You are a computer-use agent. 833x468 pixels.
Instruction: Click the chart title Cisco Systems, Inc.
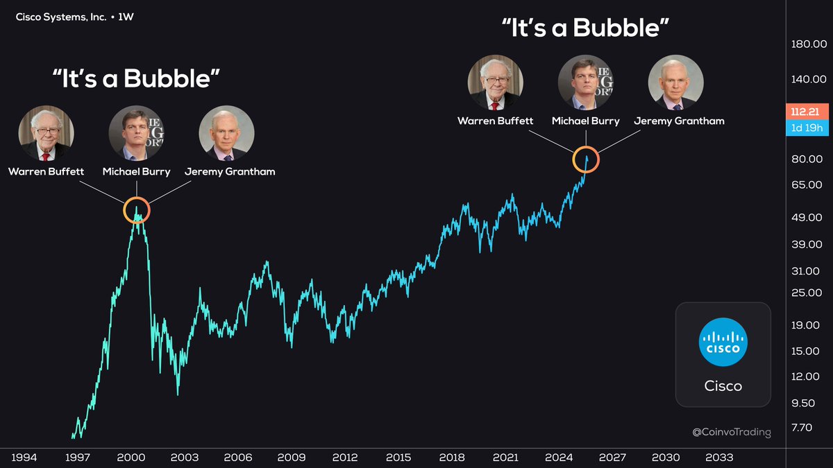click(61, 17)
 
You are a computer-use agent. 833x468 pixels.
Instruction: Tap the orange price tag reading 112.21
click(807, 112)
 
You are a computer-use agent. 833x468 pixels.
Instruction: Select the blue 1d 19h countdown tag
click(807, 128)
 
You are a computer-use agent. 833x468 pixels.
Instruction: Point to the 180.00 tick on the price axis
click(809, 44)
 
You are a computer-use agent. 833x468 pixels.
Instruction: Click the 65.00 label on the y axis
click(807, 185)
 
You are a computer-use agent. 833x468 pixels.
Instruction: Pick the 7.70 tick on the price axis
click(802, 428)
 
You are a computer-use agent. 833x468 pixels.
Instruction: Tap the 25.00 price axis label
click(807, 293)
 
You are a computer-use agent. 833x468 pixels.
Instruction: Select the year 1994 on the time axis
click(24, 457)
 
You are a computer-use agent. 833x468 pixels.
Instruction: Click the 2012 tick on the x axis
click(345, 457)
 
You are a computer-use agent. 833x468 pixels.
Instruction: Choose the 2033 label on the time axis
click(719, 457)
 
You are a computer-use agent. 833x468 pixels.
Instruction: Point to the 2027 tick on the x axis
click(612, 457)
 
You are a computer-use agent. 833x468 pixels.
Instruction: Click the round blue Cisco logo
click(723, 342)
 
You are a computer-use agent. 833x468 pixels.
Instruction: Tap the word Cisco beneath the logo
click(723, 386)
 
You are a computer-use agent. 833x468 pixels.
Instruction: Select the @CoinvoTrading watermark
click(732, 432)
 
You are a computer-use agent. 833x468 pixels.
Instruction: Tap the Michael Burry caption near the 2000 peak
click(137, 172)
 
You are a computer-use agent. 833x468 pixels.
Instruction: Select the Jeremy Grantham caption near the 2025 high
click(679, 121)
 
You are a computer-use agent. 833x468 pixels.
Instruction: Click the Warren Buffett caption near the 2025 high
click(496, 121)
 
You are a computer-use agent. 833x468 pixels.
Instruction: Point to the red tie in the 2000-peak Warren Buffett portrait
click(46, 157)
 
